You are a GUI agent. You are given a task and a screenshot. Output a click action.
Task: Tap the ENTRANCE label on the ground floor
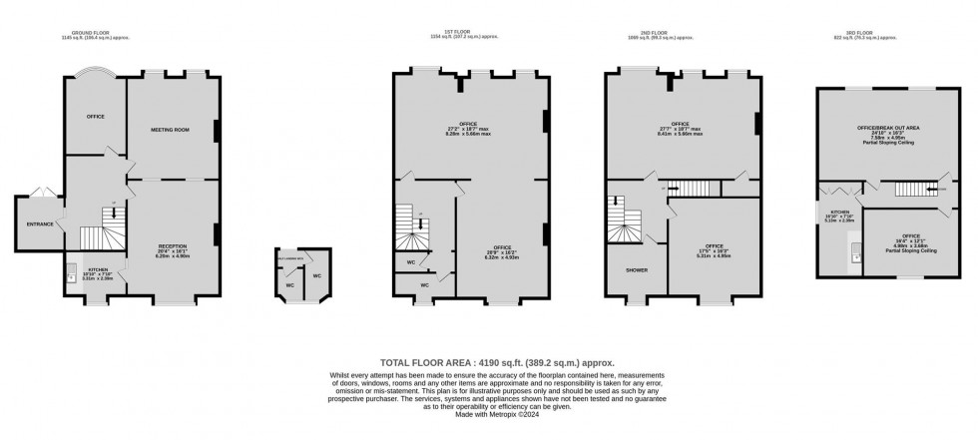coord(37,222)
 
